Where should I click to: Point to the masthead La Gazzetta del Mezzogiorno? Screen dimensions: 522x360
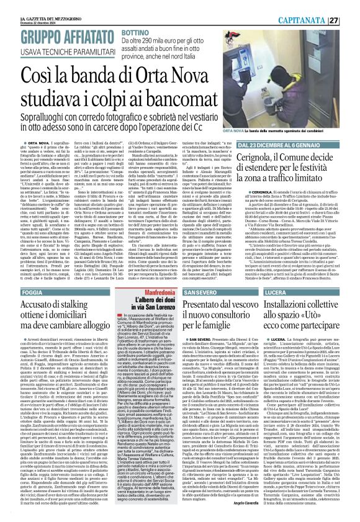(x=30, y=4)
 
